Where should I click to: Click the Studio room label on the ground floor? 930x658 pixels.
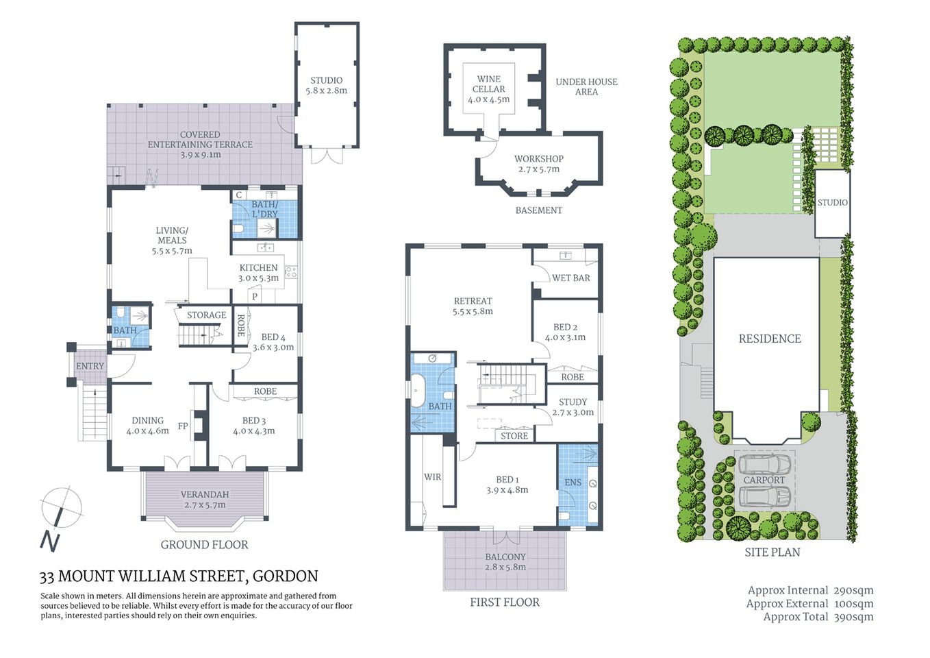326,85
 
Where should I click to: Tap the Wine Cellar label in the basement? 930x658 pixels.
489,89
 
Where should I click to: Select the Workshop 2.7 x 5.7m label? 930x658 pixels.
538,164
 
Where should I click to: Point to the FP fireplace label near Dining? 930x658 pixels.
183,426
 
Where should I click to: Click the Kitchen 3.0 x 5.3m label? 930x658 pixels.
258,273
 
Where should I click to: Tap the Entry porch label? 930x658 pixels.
90,366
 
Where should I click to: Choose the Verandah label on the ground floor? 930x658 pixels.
205,499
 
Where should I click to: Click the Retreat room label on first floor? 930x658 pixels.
473,306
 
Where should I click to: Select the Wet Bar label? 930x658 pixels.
570,278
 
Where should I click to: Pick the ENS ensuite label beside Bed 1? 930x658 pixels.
573,482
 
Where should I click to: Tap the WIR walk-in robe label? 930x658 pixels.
432,476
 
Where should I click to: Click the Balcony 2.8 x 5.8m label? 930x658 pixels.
505,562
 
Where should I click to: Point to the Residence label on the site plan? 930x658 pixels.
770,339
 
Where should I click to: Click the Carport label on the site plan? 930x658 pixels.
764,480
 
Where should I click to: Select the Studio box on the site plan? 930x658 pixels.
832,203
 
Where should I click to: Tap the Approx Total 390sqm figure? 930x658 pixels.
818,616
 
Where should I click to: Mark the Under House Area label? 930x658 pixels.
586,86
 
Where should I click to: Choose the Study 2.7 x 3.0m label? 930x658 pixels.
573,407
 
